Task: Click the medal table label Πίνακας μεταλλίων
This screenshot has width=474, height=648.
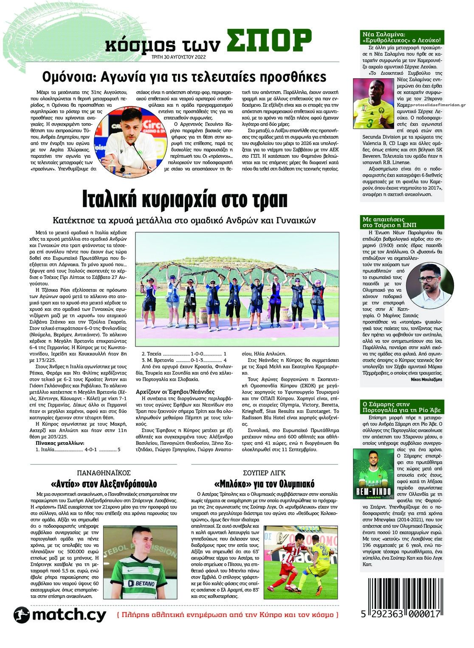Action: [60, 443]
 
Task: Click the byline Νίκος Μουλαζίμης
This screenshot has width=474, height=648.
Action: [426, 378]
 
